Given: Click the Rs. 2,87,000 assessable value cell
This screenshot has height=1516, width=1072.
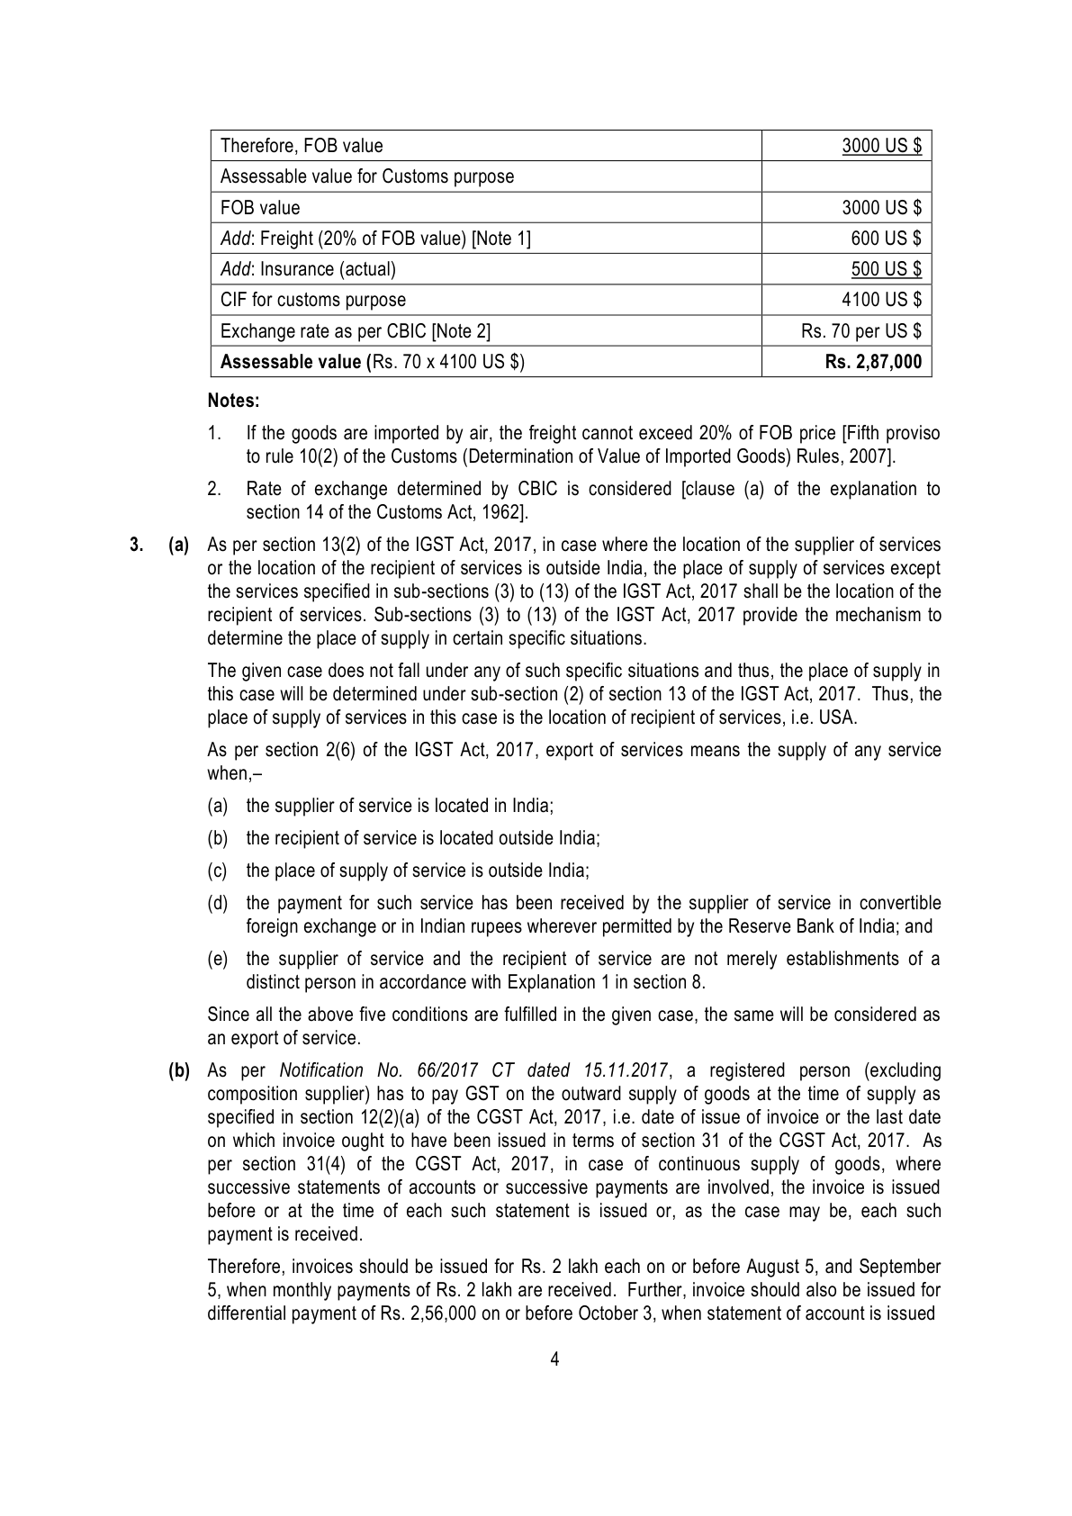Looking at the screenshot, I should pos(873,362).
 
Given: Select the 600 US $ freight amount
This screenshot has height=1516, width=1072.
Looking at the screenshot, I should pos(886,239).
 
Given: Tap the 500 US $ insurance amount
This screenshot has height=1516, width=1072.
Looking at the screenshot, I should pos(886,269).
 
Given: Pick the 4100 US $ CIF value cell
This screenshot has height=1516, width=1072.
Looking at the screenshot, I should pos(881,300).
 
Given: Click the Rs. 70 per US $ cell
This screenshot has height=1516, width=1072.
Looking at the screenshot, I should pos(861,331).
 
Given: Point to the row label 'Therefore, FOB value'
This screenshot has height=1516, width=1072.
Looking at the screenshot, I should pos(302,146).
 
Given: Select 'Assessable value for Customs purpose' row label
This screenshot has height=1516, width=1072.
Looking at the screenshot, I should pos(367,176).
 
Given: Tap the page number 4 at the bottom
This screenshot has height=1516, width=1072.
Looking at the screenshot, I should pos(554,1358).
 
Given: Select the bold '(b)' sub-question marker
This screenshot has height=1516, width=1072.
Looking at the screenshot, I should pos(179,1070).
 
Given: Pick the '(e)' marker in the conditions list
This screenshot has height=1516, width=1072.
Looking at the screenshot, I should pos(217,959).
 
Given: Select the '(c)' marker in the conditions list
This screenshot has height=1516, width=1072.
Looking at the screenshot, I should pos(217,871).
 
